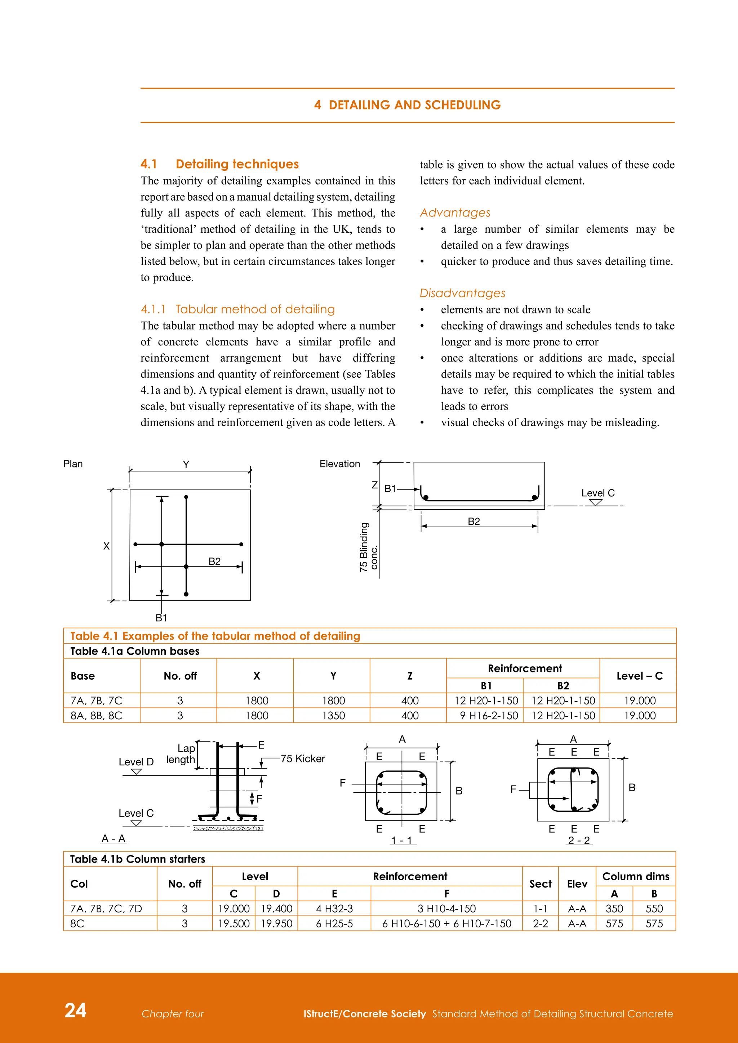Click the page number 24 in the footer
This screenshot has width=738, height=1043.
75,1010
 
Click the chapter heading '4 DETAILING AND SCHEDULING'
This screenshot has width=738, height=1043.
407,105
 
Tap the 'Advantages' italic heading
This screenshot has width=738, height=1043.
455,212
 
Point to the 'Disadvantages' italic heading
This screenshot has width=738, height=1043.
462,293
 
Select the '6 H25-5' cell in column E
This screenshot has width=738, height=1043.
334,923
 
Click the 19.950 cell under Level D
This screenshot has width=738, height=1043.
276,923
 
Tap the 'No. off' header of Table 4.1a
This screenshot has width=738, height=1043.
180,676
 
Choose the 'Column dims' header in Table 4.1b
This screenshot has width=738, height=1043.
635,876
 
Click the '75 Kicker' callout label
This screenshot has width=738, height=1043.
303,758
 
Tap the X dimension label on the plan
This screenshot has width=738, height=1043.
106,546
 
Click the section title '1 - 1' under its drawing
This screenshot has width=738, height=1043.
402,840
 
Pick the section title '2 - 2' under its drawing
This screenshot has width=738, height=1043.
579,840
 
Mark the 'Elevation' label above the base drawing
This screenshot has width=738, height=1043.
339,464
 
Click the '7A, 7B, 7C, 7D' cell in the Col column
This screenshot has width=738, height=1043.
106,909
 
